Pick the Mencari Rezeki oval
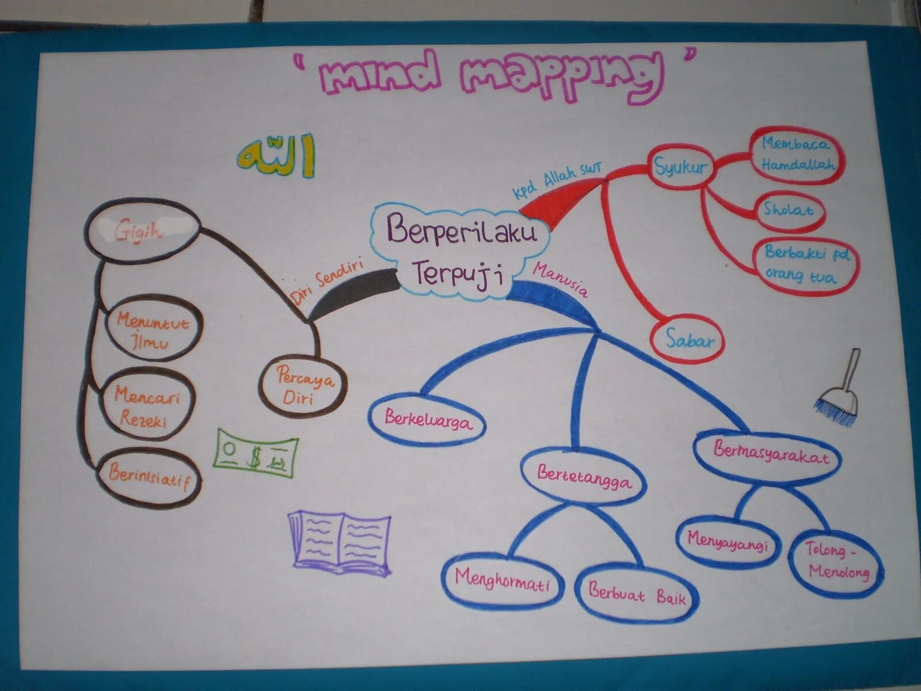pos(147,406)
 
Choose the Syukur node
pos(681,167)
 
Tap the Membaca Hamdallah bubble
pos(797,154)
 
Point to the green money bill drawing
pos(256,455)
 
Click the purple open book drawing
pos(341,541)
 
